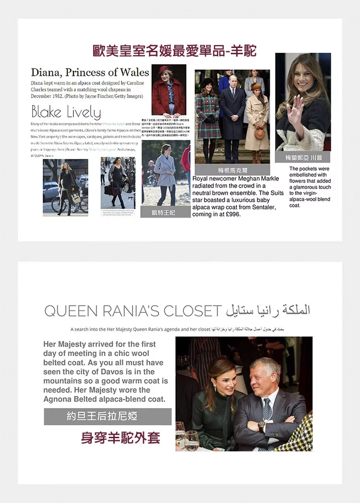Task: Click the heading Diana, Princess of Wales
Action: pyautogui.click(x=90, y=72)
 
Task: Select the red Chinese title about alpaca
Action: pyautogui.click(x=175, y=50)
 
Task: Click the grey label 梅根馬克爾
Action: pyautogui.click(x=233, y=170)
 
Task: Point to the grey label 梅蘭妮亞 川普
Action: pyautogui.click(x=303, y=157)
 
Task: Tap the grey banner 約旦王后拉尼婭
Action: pyautogui.click(x=108, y=416)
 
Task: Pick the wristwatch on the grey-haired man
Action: pyautogui.click(x=262, y=426)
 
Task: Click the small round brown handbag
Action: pyautogui.click(x=260, y=134)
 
